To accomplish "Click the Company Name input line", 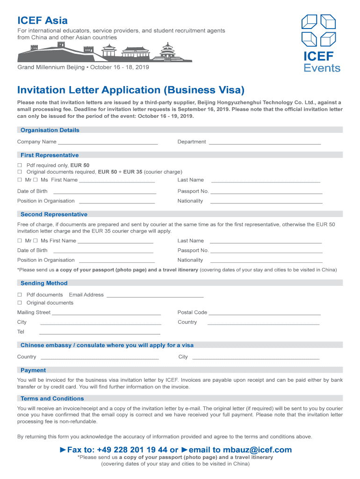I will (x=108, y=142).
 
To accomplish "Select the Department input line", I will (x=265, y=142).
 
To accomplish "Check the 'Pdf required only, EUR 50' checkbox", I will (x=20, y=166).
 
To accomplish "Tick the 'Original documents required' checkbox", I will (x=20, y=172).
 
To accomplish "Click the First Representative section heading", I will (x=50, y=155).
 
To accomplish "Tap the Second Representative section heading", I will (x=54, y=214).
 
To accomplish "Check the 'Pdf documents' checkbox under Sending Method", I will (x=20, y=295).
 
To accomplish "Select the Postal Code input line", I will (x=265, y=312).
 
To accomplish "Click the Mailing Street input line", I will (x=106, y=312).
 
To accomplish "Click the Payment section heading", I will (x=33, y=370).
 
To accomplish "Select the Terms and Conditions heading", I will (x=52, y=399).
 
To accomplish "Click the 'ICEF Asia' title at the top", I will (x=43, y=21).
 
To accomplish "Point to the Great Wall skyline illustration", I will (x=104, y=53).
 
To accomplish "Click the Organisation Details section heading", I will (x=50, y=130).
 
